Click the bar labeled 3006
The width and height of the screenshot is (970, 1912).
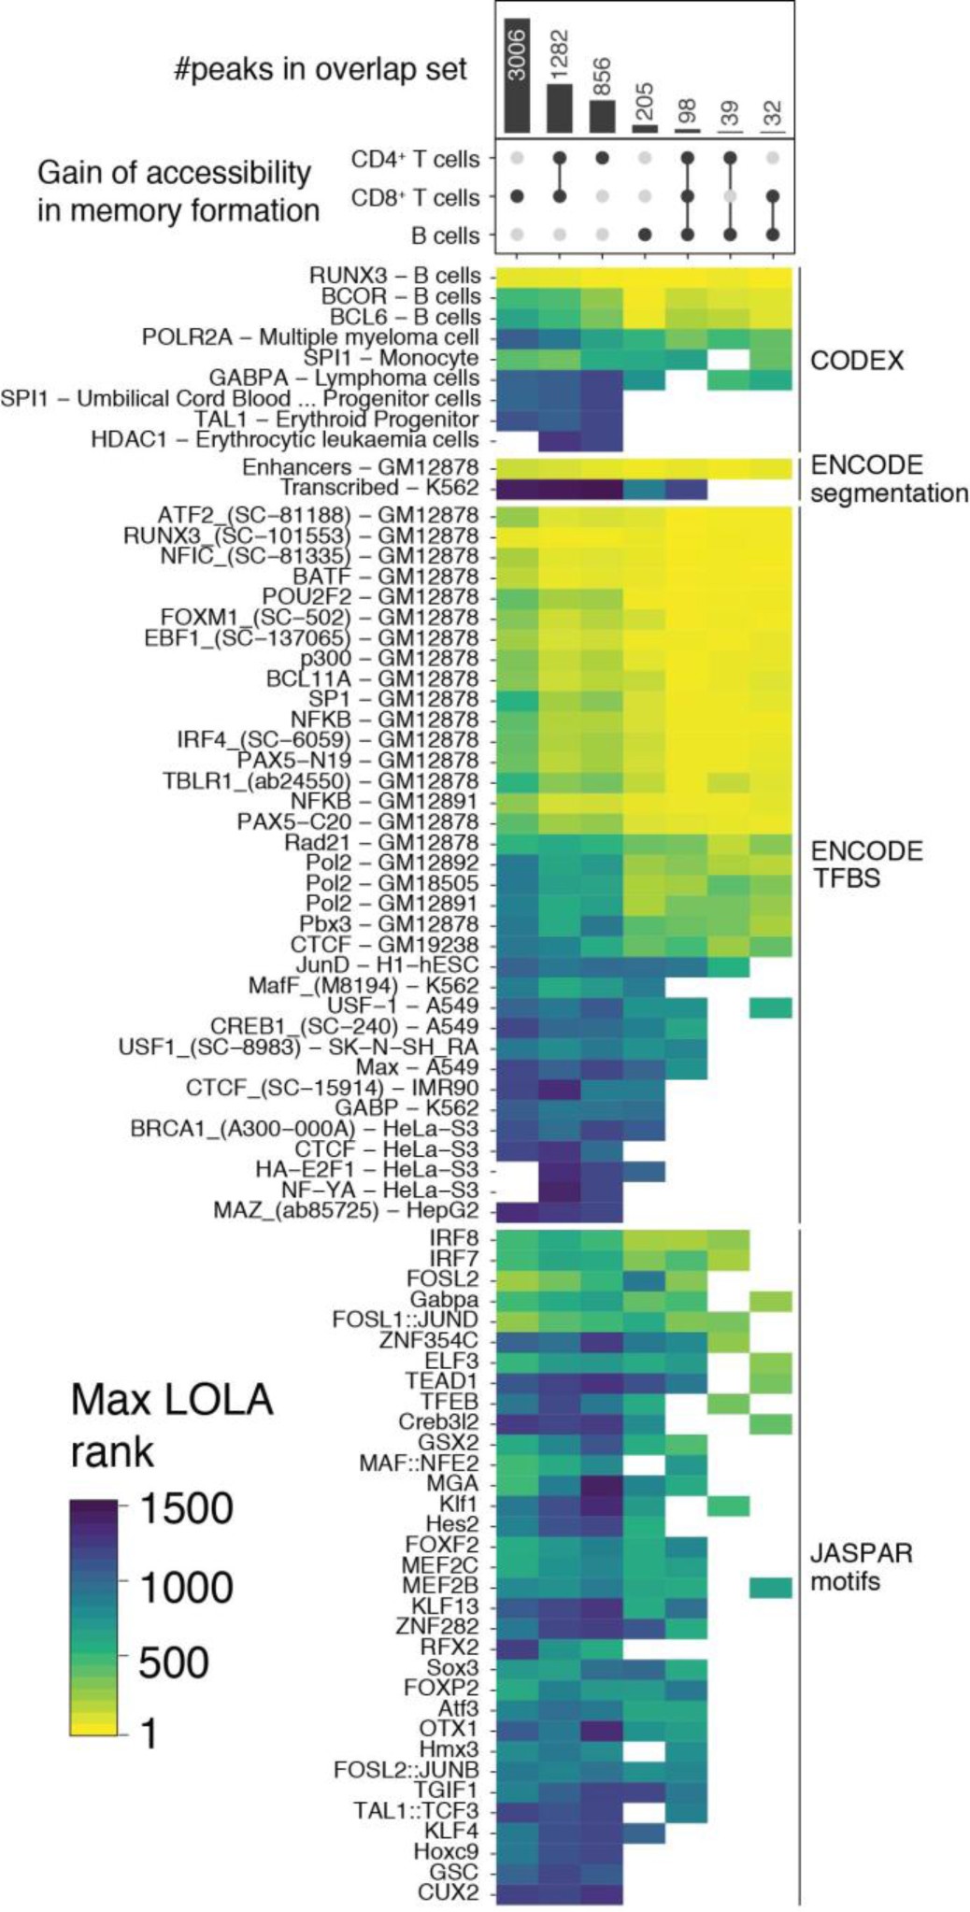point(517,75)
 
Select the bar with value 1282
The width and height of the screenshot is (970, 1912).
point(559,108)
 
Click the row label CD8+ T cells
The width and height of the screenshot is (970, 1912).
point(415,198)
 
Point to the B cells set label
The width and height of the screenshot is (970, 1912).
point(445,236)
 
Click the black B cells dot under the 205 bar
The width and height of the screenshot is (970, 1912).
point(645,235)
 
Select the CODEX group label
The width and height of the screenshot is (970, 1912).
point(856,361)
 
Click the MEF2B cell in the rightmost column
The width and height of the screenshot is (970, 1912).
point(770,1587)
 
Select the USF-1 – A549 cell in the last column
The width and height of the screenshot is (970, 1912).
point(770,1006)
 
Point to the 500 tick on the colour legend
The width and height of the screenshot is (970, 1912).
point(174,1662)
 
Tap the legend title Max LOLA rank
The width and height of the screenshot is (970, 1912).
point(172,1425)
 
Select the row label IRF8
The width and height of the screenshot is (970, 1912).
point(454,1238)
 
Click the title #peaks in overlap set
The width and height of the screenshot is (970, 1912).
point(321,70)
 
